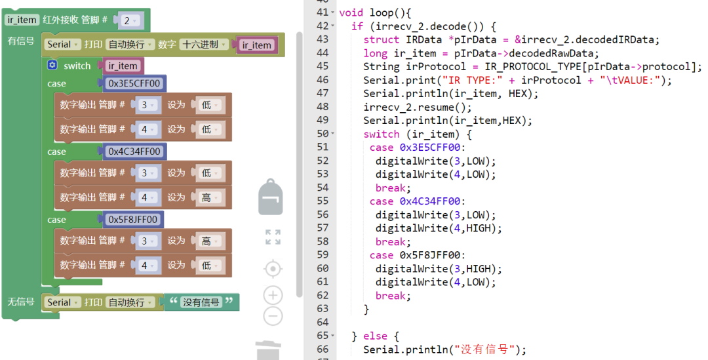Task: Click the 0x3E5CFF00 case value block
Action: [x=134, y=83]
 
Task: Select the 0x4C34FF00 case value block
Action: [x=134, y=151]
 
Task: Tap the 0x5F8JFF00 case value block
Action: [x=132, y=220]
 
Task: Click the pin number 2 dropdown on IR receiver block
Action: [x=129, y=20]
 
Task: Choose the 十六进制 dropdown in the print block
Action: [x=204, y=45]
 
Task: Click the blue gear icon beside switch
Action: [x=52, y=66]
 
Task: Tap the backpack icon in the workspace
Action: [x=270, y=197]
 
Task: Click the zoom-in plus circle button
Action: [x=273, y=295]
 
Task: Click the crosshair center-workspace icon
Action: [x=273, y=269]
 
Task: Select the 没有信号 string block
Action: [x=201, y=302]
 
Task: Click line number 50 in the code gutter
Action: [x=323, y=134]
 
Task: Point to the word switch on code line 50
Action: [x=382, y=134]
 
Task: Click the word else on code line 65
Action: [x=375, y=336]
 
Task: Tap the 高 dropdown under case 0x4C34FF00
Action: [x=210, y=197]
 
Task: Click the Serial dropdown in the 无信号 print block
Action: [x=63, y=302]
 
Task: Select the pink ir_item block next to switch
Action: [x=123, y=66]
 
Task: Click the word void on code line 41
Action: [x=351, y=12]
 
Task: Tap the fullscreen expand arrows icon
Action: [x=273, y=237]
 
